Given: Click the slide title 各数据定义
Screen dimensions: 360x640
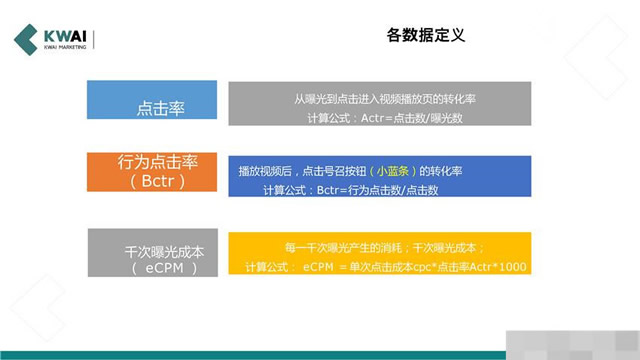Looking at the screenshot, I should click(425, 36).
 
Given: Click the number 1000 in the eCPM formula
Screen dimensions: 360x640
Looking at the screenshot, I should click(511, 266).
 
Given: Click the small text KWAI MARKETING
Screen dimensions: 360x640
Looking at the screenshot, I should click(65, 47).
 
